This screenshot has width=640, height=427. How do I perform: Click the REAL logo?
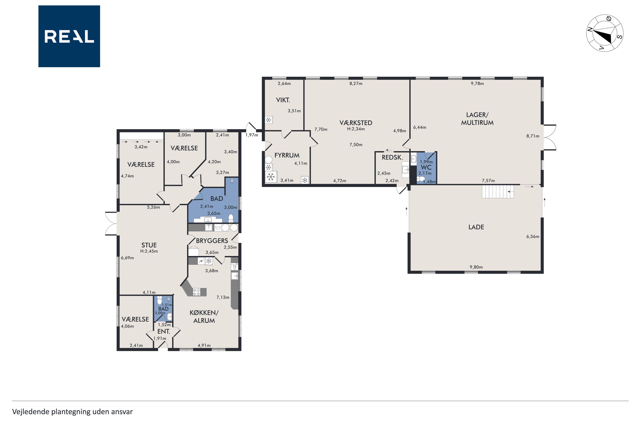click(69, 36)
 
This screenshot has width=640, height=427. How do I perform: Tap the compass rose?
click(604, 33)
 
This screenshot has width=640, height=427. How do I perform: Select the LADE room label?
click(476, 227)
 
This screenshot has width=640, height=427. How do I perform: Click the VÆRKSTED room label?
click(356, 123)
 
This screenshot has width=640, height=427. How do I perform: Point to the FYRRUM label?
click(287, 155)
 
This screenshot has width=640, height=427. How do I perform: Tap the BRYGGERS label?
click(212, 241)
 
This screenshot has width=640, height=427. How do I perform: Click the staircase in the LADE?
click(498, 191)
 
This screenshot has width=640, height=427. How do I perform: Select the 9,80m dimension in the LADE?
click(476, 267)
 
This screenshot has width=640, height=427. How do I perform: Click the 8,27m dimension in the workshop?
click(356, 84)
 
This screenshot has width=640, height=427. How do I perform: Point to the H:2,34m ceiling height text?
click(356, 129)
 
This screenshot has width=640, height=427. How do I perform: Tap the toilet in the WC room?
click(420, 179)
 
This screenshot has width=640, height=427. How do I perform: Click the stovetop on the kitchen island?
click(196, 292)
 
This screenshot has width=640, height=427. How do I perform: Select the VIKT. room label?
click(283, 100)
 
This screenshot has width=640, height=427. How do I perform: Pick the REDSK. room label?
click(392, 157)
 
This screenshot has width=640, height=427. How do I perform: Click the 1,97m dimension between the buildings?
click(252, 135)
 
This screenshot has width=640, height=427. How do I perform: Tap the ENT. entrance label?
click(163, 331)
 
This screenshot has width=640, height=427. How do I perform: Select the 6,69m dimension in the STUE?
click(127, 258)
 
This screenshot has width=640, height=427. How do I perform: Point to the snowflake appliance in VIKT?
click(269, 120)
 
